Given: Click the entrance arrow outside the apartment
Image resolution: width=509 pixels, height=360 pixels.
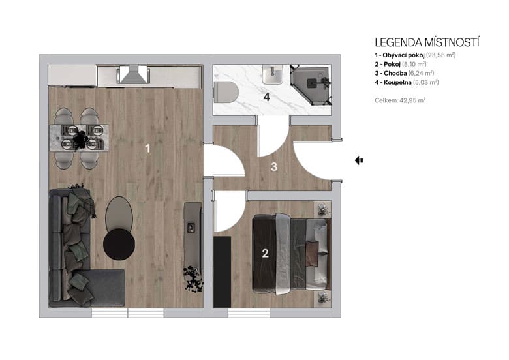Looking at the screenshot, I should coord(360,160).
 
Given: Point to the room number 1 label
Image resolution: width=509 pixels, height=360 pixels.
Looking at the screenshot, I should coord(147,149).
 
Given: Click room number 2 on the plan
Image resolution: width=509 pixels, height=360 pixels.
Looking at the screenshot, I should coord(265,254).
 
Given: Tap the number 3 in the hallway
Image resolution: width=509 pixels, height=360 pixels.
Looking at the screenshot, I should coord(274,167).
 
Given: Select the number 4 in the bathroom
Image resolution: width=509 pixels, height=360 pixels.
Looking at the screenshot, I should coord(266,98).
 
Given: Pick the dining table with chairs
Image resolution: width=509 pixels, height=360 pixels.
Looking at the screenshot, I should coord(78,138).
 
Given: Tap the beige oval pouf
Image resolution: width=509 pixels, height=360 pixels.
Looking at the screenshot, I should coord(119,211).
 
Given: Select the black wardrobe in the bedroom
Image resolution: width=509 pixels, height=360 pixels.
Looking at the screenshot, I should coord(223,271).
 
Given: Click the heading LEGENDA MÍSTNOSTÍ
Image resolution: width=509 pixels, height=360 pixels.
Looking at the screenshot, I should coord(427,43).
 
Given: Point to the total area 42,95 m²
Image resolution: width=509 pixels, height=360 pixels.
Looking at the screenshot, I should coord(400,100).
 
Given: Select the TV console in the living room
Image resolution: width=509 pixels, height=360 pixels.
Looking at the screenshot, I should coord(192,228).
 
